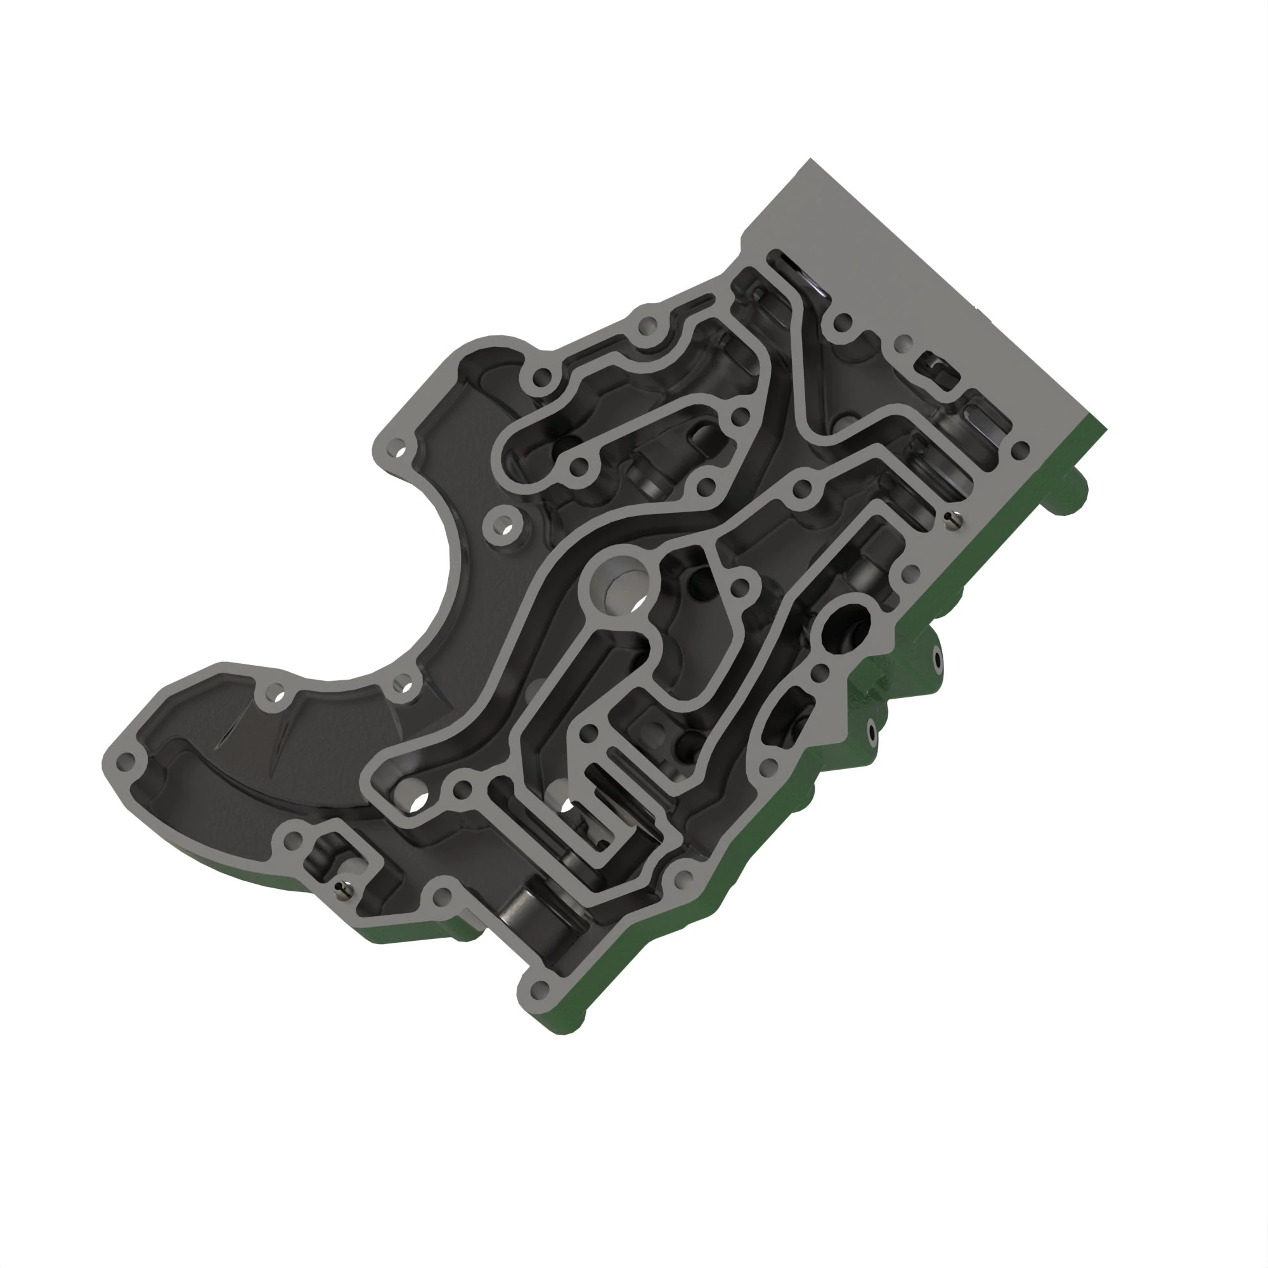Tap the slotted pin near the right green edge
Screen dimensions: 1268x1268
tap(953, 520)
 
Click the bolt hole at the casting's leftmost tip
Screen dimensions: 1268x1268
tap(125, 762)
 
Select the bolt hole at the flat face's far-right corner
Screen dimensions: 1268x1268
tap(1021, 450)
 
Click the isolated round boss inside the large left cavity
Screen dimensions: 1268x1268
tap(504, 527)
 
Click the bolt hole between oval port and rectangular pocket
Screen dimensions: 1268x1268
tap(820, 672)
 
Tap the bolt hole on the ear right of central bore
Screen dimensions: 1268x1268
tap(740, 586)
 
